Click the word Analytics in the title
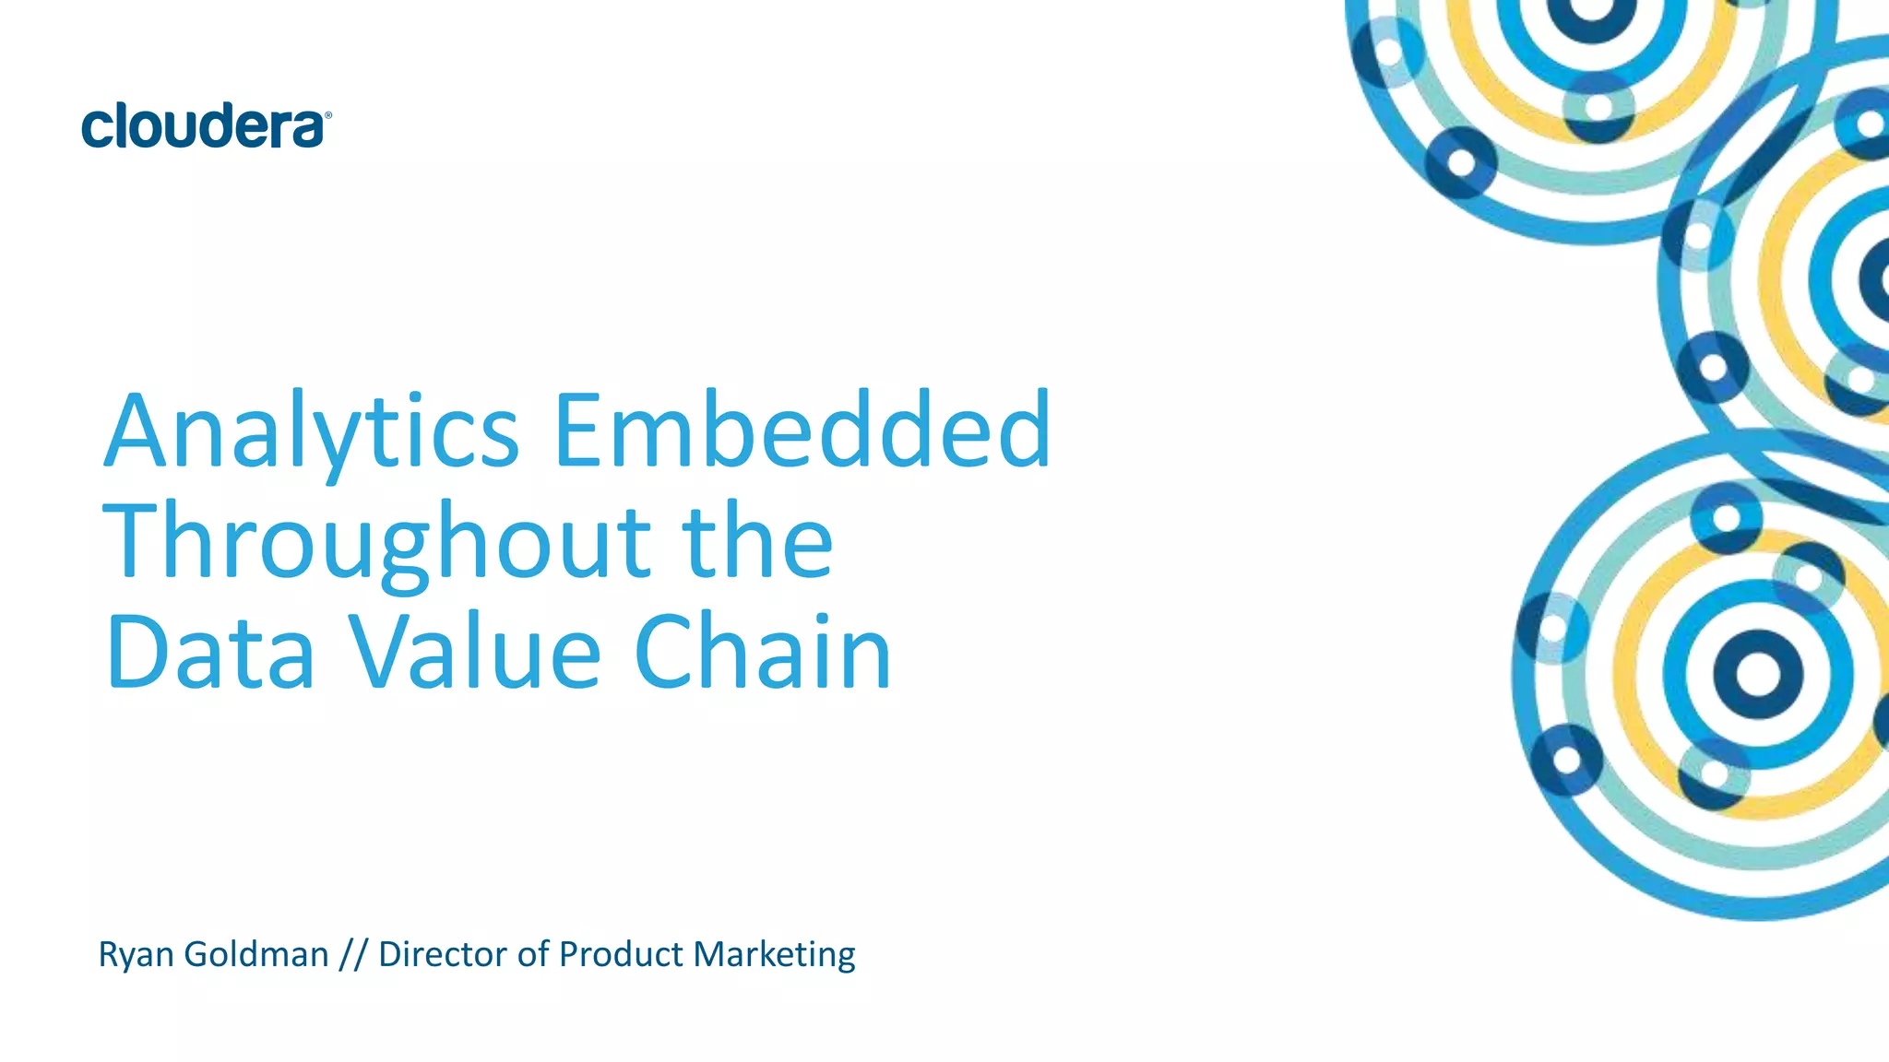tap(312, 431)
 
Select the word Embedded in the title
tap(802, 430)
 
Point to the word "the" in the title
tap(757, 542)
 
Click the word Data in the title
tap(211, 653)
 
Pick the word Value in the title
tap(476, 653)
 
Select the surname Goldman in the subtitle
tap(256, 954)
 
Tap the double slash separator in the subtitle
tap(353, 955)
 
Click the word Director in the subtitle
tap(443, 954)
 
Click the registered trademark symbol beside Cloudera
tap(327, 116)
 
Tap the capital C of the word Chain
tap(663, 652)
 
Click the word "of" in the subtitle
tap(533, 954)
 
